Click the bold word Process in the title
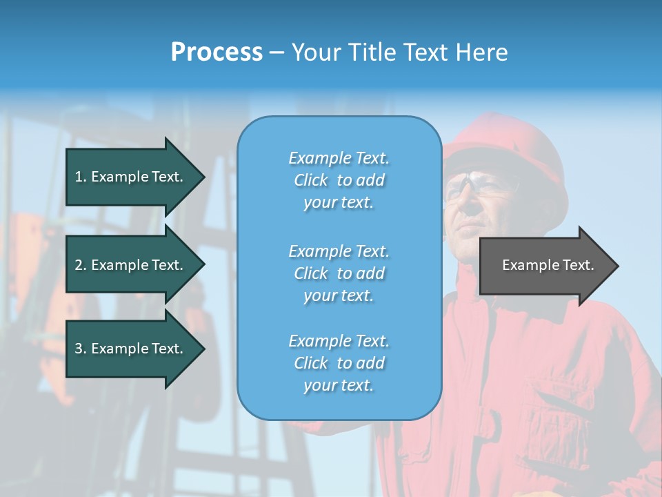click(217, 52)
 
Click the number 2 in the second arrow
click(79, 265)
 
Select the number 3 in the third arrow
click(79, 349)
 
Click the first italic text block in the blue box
click(339, 180)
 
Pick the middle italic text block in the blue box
click(339, 273)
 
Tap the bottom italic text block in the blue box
click(339, 363)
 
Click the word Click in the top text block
click(311, 180)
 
